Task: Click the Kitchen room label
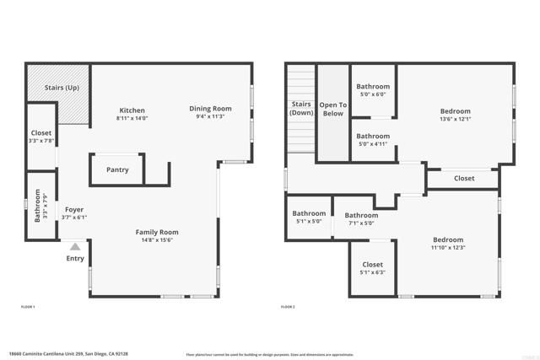pyautogui.click(x=132, y=110)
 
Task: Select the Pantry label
pyautogui.click(x=117, y=169)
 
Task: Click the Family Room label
pyautogui.click(x=158, y=232)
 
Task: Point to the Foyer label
pyautogui.click(x=74, y=210)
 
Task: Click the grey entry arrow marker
pyautogui.click(x=74, y=247)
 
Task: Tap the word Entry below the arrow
pyautogui.click(x=75, y=258)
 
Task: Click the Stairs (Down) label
pyautogui.click(x=301, y=108)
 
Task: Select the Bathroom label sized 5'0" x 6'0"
pyautogui.click(x=372, y=86)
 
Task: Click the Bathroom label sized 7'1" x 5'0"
pyautogui.click(x=361, y=215)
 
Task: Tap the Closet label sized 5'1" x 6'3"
pyautogui.click(x=372, y=264)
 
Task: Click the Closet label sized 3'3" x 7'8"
pyautogui.click(x=40, y=133)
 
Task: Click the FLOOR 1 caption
pyautogui.click(x=28, y=307)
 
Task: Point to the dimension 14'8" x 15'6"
pyautogui.click(x=158, y=240)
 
